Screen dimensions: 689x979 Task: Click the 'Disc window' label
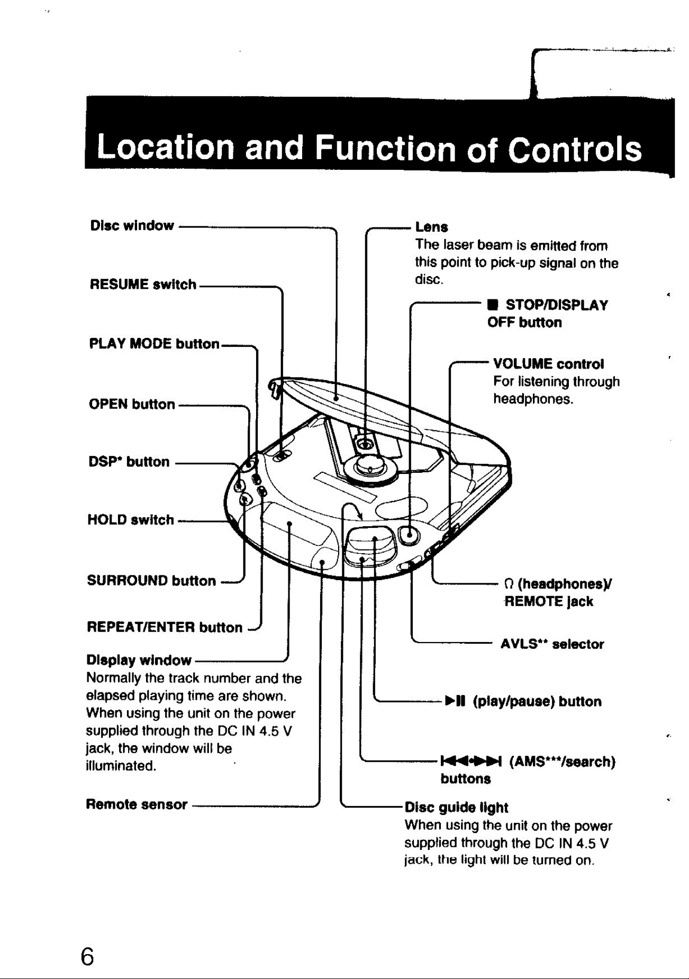pos(132,226)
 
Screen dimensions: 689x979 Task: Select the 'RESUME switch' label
pos(143,285)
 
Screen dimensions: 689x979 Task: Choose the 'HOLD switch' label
pos(131,520)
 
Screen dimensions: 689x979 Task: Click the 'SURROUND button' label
pos(151,581)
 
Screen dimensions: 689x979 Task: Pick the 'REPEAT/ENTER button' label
pos(165,627)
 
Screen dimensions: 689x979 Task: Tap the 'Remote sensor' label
pos(137,804)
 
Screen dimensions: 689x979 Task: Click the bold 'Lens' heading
pos(432,227)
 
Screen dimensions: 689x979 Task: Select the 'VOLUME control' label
pos(549,364)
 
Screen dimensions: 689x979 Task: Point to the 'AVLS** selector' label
pos(552,644)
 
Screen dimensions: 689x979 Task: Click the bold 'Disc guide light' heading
pos(456,808)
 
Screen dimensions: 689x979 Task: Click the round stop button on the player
pos(409,535)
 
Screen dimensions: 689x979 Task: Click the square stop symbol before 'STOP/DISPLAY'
pos(492,305)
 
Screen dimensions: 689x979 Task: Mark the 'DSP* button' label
pos(129,462)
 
